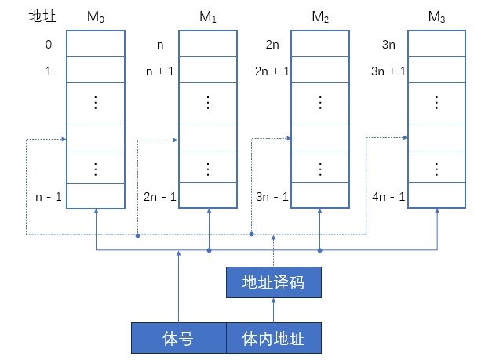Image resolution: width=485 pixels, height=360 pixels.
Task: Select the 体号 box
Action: pyautogui.click(x=178, y=338)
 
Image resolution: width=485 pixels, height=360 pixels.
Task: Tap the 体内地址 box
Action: pyautogui.click(x=273, y=338)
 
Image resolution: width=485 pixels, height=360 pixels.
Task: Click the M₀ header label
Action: pyautogui.click(x=94, y=16)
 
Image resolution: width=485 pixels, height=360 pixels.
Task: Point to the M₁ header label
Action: pyautogui.click(x=207, y=16)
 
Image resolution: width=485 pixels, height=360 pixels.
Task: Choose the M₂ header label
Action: pyautogui.click(x=320, y=16)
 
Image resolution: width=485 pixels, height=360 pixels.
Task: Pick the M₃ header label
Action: pyautogui.click(x=436, y=16)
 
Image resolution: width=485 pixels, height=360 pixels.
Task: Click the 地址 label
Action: pyautogui.click(x=39, y=16)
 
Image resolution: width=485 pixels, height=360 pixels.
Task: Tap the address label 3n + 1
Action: pyautogui.click(x=388, y=71)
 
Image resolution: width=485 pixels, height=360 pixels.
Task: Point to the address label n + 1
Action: pyautogui.click(x=161, y=71)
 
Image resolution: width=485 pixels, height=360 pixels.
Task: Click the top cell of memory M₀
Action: pyautogui.click(x=94, y=44)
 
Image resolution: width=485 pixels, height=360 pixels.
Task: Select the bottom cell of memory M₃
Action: pyautogui.click(x=436, y=195)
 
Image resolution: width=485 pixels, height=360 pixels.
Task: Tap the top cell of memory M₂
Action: pyautogui.click(x=320, y=44)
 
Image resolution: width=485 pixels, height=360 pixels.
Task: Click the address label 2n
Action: pyautogui.click(x=272, y=45)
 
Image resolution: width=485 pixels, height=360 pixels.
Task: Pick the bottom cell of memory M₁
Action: pyautogui.click(x=207, y=195)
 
